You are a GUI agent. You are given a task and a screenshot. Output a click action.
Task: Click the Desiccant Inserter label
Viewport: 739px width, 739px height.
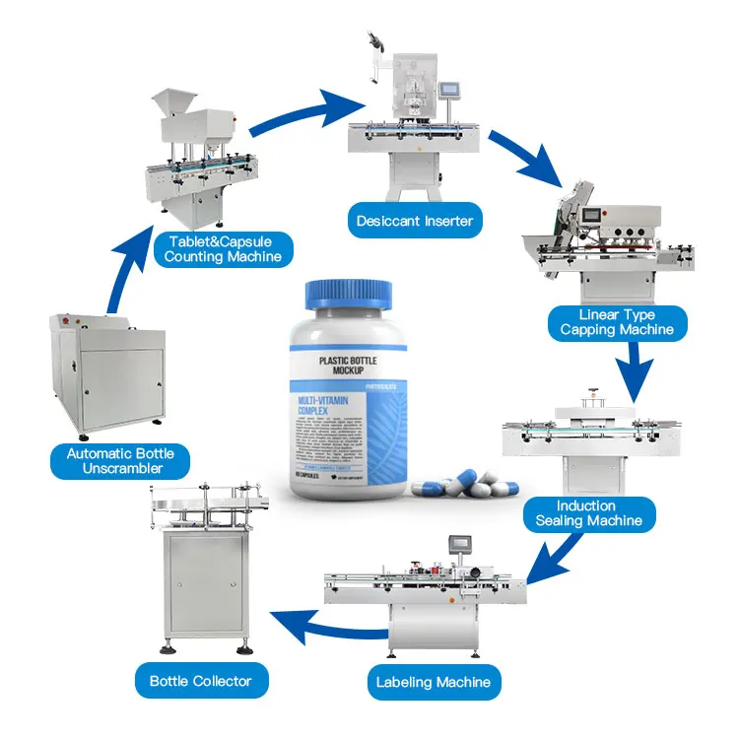[414, 221]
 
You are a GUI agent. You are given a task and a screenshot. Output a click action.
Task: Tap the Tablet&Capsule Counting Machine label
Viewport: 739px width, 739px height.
[223, 248]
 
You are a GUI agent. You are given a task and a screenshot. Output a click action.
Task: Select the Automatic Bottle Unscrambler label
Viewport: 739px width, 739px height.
[120, 460]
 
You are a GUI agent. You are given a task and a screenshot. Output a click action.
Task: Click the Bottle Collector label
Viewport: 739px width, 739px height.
[200, 680]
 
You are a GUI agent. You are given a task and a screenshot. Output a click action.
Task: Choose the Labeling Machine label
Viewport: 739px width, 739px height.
[433, 681]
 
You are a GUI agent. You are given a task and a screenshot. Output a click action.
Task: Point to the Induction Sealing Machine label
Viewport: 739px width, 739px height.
[588, 512]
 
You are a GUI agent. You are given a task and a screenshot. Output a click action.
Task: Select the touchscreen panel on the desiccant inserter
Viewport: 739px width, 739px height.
[451, 91]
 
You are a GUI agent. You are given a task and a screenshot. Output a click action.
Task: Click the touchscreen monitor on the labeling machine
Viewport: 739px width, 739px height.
[460, 545]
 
